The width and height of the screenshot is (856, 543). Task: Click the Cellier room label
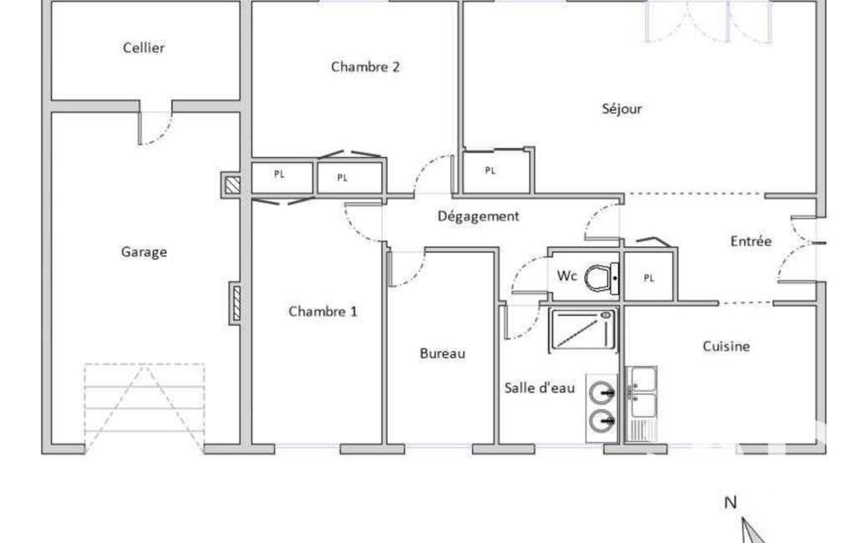(x=144, y=48)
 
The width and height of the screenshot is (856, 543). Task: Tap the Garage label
(x=144, y=251)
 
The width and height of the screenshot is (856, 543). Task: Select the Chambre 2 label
(x=365, y=67)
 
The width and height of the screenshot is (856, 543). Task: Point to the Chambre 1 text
(x=322, y=312)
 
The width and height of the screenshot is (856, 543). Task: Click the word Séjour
(x=622, y=109)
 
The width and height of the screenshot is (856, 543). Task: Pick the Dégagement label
(x=479, y=216)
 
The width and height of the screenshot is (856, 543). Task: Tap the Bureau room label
(x=443, y=353)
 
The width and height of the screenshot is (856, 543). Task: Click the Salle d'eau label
(x=539, y=388)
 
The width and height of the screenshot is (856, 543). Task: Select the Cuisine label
(x=726, y=347)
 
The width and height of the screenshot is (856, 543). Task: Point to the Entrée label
(x=751, y=241)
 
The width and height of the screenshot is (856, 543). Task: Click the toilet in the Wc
(x=601, y=278)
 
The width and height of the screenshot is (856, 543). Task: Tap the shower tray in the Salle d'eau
(x=583, y=330)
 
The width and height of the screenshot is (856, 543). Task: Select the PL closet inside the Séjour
(x=496, y=171)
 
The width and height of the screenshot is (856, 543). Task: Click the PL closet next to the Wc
(x=649, y=277)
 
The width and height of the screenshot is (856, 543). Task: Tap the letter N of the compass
(x=731, y=503)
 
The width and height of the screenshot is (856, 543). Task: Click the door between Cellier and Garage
(x=155, y=128)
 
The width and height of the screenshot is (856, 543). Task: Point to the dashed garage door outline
(x=144, y=408)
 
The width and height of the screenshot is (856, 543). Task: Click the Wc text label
(x=567, y=276)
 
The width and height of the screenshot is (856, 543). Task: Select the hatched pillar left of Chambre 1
(x=236, y=303)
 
